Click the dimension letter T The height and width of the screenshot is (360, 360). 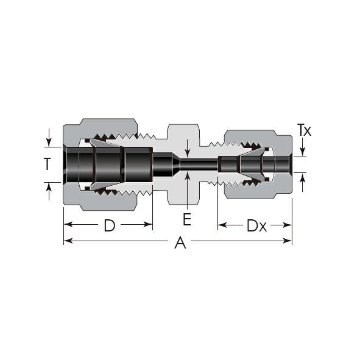48,164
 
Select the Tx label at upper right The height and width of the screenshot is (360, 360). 304,130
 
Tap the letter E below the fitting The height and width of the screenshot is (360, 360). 187,219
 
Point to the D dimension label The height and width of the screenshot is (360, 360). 110,225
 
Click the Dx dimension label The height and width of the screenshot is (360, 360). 256,225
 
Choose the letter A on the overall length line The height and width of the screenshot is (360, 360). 180,242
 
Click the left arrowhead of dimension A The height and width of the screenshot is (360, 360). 68,241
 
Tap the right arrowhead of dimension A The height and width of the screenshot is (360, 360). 288,241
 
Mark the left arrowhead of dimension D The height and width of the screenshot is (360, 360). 68,224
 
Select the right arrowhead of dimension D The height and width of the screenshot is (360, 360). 148,224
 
